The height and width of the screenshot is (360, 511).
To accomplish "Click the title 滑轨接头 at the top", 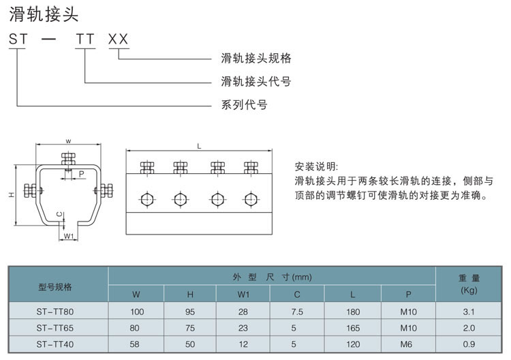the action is pos(44,15).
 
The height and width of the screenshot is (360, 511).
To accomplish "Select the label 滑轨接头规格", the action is pos(256,58).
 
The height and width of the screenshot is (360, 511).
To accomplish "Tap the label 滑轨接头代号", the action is pos(256,81).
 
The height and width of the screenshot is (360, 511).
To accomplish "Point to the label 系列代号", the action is pos(245,105).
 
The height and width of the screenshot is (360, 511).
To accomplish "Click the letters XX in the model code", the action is pos(119,39).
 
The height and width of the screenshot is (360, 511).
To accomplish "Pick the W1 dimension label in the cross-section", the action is pos(68,236).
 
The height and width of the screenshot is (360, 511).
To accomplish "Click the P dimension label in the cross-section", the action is pos(82,174).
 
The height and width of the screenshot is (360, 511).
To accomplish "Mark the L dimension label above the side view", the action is pos(199,147).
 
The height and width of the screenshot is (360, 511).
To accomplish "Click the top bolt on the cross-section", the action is pos(68,161).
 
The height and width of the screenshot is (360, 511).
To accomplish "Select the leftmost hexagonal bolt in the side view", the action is pos(147,199).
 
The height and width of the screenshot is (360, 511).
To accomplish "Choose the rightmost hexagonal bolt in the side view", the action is pos(250,199).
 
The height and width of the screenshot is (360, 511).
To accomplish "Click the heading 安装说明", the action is pos(316,166).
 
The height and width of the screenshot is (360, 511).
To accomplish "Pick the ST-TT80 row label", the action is pos(55,312).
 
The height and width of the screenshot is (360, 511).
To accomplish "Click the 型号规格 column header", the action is pos(55,287).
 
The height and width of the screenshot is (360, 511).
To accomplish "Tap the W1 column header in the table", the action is pos(243,295).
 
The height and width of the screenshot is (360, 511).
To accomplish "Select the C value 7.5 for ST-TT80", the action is pos(297,312).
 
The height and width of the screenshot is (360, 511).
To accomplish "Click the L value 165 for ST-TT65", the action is pos(353,328).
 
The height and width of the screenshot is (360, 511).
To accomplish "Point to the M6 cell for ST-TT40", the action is pos(406,344).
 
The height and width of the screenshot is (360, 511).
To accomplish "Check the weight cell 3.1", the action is pos(469,312).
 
